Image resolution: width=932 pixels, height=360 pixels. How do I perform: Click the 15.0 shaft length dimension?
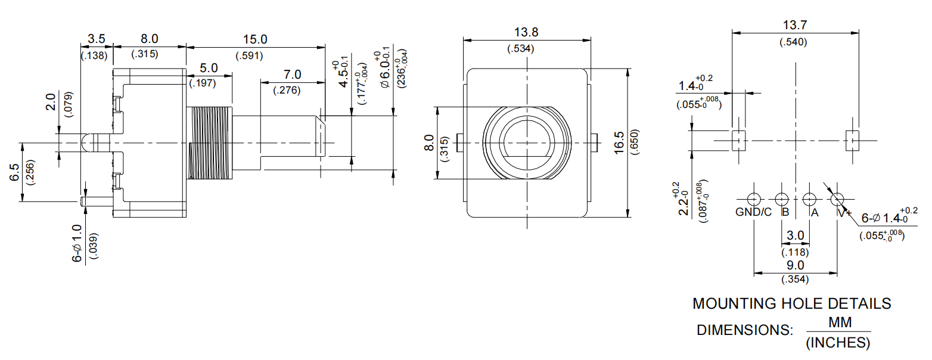pos(255,39)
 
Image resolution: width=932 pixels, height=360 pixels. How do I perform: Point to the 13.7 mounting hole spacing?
pos(794,26)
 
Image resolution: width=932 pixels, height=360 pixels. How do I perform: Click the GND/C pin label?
pos(753,212)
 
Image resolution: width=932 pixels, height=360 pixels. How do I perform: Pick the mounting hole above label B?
pos(781,199)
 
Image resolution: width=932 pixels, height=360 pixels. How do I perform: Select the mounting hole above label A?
pos(809,199)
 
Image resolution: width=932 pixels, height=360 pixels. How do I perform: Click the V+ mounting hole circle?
pos(838,199)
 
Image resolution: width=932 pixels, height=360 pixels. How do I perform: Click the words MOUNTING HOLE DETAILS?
pos(791,303)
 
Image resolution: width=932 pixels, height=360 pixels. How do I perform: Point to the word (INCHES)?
pos(837,343)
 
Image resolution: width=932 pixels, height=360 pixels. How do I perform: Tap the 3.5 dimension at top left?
pos(96,39)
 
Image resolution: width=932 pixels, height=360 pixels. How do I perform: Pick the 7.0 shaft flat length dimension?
pos(292,75)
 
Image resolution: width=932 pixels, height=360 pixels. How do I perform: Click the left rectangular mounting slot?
pos(738,141)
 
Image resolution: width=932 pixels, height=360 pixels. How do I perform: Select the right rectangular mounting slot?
pos(852,141)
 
